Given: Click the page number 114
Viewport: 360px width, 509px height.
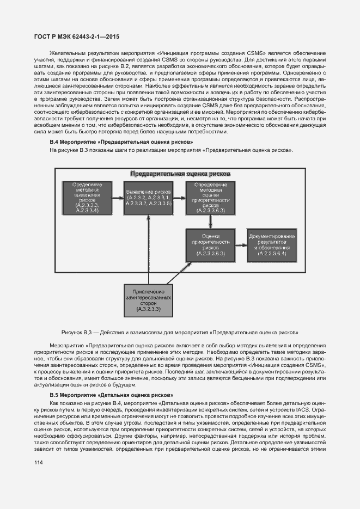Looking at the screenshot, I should [x=39, y=462].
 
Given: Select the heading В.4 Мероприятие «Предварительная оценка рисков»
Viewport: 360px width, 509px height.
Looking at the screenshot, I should [x=121, y=142].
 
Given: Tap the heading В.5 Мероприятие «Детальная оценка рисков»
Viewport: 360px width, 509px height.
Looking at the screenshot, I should [x=111, y=394].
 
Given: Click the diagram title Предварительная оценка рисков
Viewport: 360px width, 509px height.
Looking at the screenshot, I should [x=179, y=174].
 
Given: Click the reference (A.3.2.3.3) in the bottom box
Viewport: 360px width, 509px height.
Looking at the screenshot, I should [x=148, y=310].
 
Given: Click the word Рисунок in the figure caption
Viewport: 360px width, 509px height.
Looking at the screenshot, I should [x=74, y=331].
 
